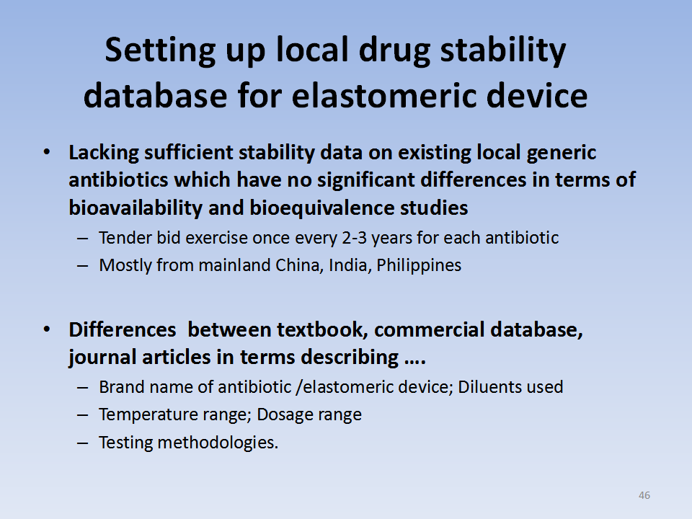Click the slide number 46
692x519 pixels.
(x=644, y=495)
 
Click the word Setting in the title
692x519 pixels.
(x=160, y=50)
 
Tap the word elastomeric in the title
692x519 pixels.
(x=383, y=95)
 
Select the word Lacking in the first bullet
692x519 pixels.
(x=104, y=154)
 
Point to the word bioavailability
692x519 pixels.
(x=136, y=208)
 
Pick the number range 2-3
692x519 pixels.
(x=355, y=238)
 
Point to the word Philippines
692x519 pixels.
(x=419, y=266)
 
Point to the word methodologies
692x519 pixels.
(x=218, y=443)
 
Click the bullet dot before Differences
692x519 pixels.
(x=47, y=329)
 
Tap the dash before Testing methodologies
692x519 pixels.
(x=82, y=443)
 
